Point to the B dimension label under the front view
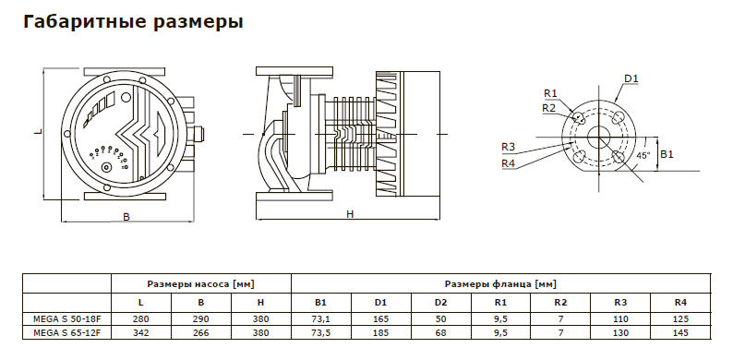126,217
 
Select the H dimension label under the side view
350,213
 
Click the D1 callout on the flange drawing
631,78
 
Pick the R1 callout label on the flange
551,93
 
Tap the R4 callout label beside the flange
508,162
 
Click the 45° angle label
643,155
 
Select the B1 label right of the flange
667,154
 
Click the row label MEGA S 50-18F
66,319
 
